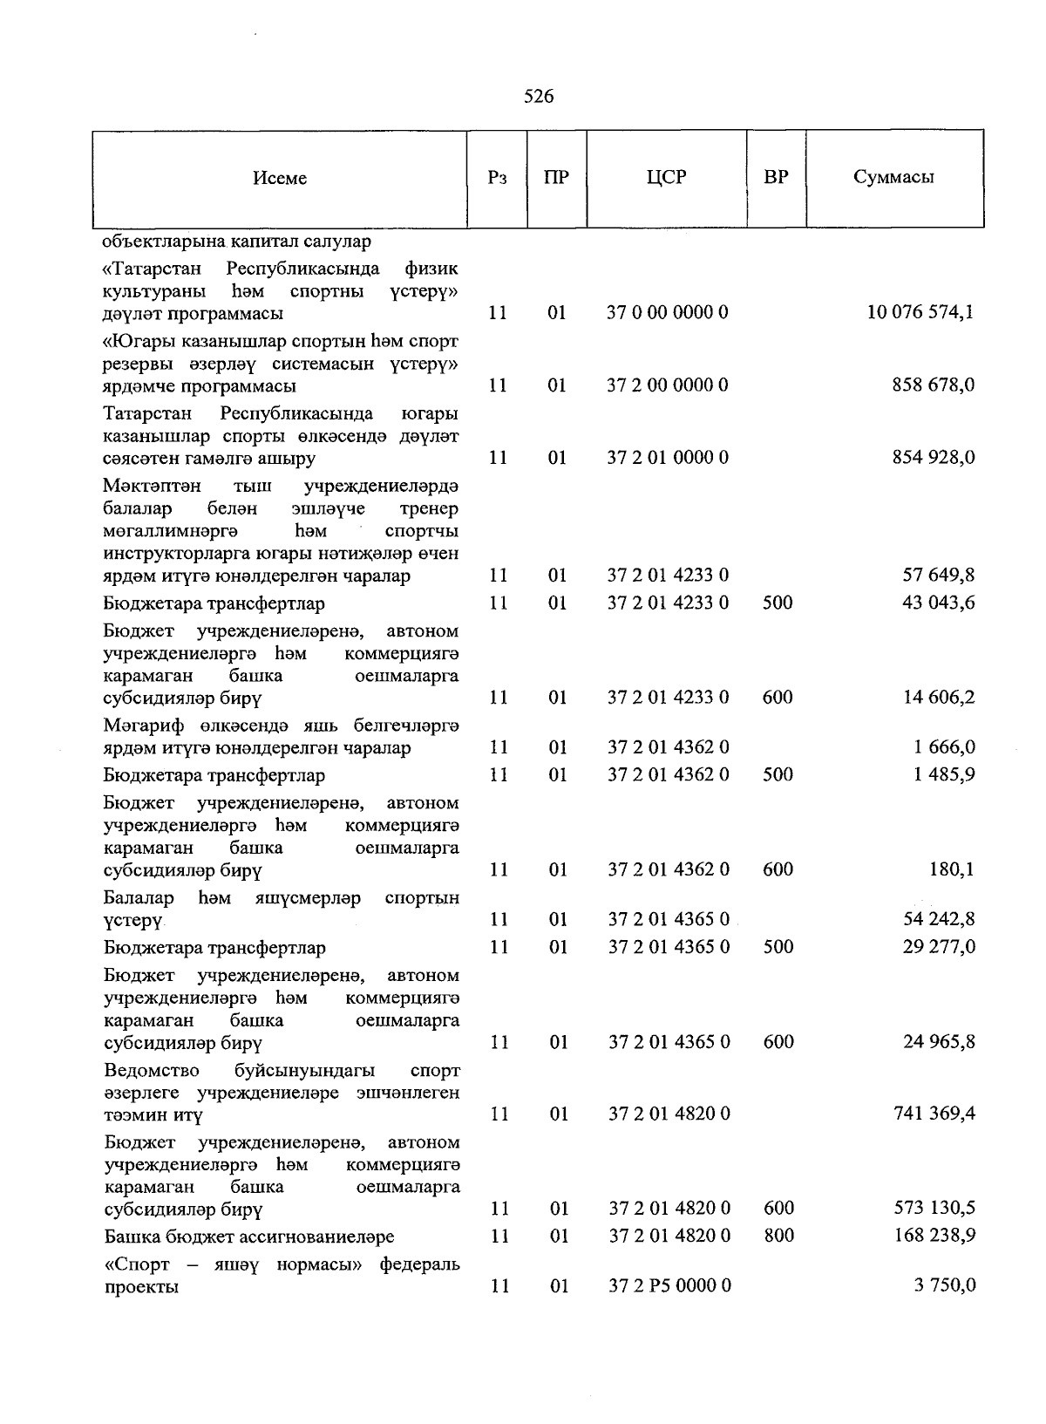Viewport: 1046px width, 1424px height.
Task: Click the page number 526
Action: click(x=539, y=97)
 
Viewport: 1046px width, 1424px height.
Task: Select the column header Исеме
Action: click(x=280, y=178)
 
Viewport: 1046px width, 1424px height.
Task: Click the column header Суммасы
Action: click(x=893, y=177)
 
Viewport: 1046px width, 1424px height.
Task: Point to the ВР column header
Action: click(x=776, y=177)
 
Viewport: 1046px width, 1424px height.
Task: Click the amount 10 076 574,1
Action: click(x=920, y=312)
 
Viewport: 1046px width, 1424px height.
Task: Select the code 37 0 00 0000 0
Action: click(x=667, y=312)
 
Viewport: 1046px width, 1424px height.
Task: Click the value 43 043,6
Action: click(x=938, y=603)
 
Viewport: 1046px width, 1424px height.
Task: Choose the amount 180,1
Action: click(x=952, y=869)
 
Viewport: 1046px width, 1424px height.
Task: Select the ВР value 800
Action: click(x=778, y=1236)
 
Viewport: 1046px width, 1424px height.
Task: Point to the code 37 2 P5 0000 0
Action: click(x=669, y=1285)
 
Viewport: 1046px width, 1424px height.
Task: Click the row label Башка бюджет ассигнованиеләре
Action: click(x=248, y=1237)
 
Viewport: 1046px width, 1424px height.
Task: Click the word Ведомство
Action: click(x=151, y=1070)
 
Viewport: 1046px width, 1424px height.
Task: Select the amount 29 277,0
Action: click(x=938, y=947)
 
